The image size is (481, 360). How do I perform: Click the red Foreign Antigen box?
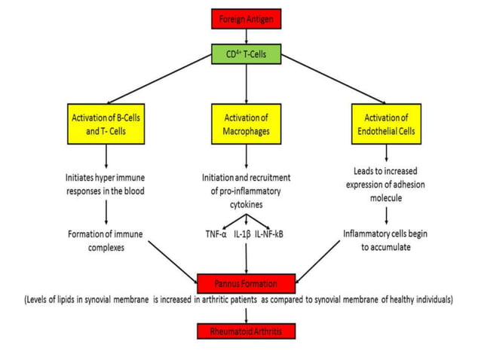[x=247, y=17]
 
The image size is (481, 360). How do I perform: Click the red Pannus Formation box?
[x=247, y=284]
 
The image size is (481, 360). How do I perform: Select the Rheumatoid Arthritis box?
[x=247, y=331]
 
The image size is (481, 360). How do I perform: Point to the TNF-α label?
[x=217, y=233]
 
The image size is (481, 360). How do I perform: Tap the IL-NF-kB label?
[x=274, y=233]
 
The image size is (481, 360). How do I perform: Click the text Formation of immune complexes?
[x=106, y=240]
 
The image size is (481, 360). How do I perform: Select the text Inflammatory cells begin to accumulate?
[x=386, y=240]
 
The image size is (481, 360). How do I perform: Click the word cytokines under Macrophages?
[x=247, y=204]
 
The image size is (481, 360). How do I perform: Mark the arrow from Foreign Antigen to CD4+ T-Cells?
[x=247, y=35]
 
